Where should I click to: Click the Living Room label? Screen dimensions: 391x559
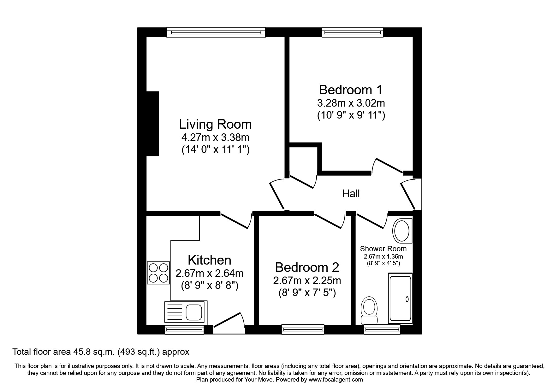point(215,124)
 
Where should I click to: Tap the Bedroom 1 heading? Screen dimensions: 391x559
point(350,90)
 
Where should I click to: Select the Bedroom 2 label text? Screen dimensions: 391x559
point(307,267)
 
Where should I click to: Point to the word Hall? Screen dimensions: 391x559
point(351,193)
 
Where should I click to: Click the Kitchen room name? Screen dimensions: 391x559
point(209,260)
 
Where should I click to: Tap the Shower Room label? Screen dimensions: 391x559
point(383,249)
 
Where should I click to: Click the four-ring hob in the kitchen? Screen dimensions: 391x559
point(158,273)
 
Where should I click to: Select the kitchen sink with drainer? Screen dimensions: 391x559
point(186,312)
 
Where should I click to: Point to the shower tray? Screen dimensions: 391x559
point(400,299)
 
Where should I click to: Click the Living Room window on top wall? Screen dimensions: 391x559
point(216,32)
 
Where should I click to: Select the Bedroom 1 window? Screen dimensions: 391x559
point(352,32)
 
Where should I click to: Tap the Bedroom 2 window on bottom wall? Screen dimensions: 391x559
point(303,330)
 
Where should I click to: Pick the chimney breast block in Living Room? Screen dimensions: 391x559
point(152,124)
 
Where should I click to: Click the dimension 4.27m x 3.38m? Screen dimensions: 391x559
point(215,138)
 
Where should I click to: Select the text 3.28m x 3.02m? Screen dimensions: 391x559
point(350,103)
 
